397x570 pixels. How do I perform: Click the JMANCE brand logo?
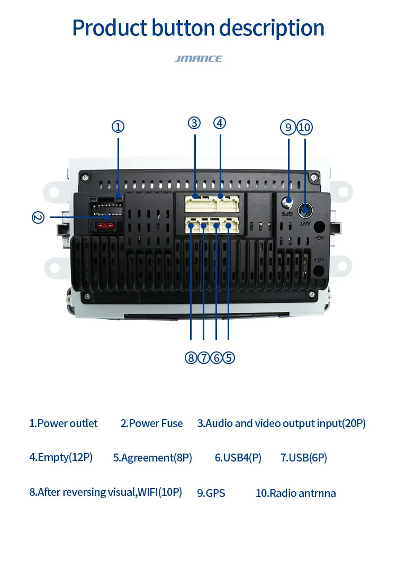tap(198, 59)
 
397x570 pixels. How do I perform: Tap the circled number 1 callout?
tap(118, 127)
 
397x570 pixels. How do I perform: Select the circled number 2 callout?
tap(38, 218)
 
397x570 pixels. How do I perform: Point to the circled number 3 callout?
tap(194, 123)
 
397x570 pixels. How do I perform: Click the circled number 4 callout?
tap(220, 123)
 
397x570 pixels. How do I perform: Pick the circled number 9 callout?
tap(288, 127)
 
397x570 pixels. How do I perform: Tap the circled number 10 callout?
tap(305, 127)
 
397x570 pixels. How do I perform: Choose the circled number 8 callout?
tap(191, 358)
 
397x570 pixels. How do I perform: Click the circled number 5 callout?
tap(228, 358)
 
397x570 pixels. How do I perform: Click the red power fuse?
tap(105, 226)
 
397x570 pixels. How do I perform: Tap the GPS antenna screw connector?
tap(287, 201)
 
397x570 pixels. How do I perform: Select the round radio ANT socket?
tap(305, 210)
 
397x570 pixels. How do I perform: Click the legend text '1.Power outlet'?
tap(64, 423)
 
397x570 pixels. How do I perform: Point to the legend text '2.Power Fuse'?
tap(151, 423)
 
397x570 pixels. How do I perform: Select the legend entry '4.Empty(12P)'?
tap(61, 457)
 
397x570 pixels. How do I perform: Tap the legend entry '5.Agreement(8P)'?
tap(152, 458)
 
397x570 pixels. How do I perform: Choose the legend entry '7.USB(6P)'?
tap(303, 458)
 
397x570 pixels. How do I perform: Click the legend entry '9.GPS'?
tap(211, 493)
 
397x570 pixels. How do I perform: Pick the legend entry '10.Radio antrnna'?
tap(296, 493)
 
